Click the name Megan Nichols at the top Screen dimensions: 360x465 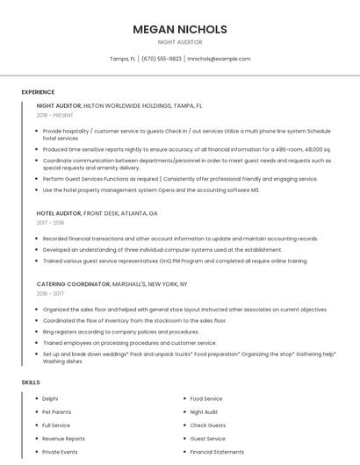[x=180, y=29]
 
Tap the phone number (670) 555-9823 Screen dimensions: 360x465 [x=162, y=59]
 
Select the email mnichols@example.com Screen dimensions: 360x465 [x=219, y=59]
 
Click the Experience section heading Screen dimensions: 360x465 [x=38, y=92]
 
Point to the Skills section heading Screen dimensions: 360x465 [x=31, y=383]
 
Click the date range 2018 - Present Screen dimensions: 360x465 [x=55, y=115]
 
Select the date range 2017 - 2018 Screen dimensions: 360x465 [x=50, y=223]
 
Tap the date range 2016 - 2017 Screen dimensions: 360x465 [x=50, y=294]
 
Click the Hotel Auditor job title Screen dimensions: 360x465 [x=58, y=213]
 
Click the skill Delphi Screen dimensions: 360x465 [x=50, y=398]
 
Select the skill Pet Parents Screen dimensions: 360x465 [x=56, y=411]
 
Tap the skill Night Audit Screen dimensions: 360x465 [x=204, y=411]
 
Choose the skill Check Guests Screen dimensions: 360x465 [x=207, y=425]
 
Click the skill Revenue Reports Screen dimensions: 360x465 [x=63, y=438]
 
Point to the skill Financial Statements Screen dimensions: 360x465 [x=217, y=451]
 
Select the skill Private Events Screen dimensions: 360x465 [x=60, y=451]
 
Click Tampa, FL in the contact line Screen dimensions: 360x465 [x=122, y=59]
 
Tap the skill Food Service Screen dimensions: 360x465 [x=206, y=398]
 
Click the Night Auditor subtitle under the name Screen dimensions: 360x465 [x=180, y=42]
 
